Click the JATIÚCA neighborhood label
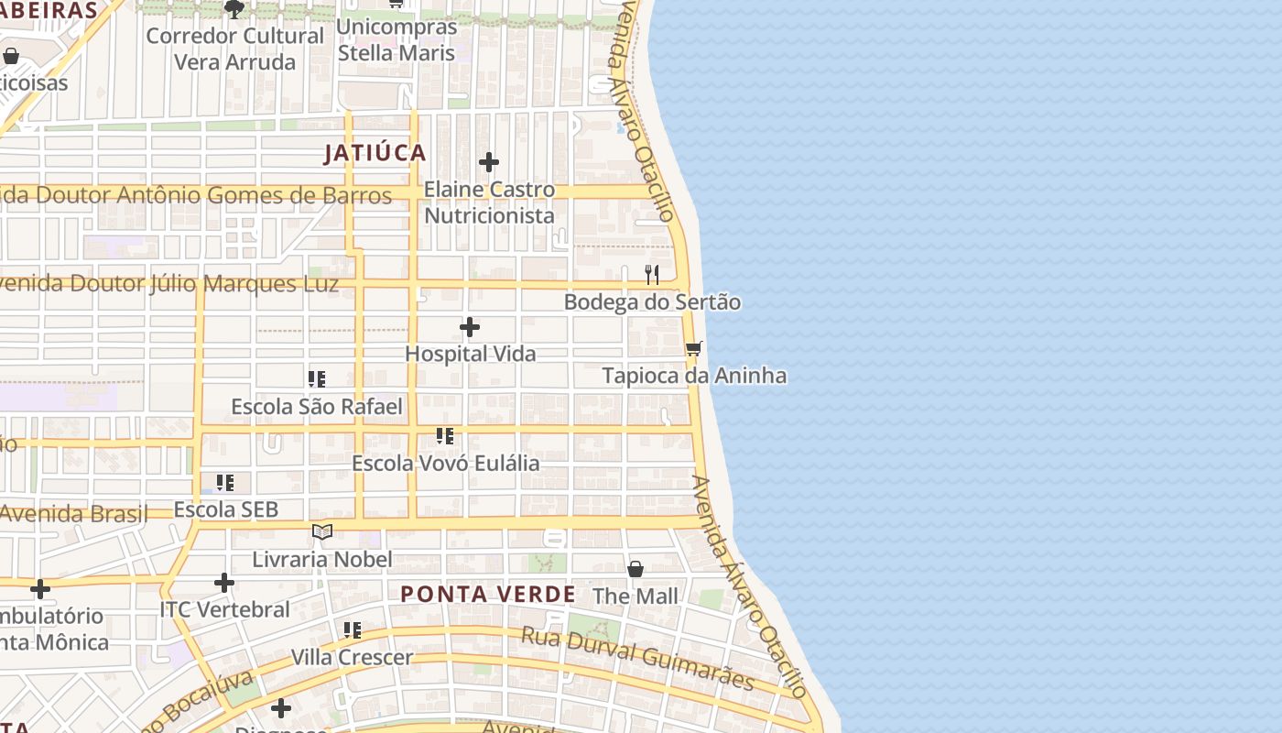(375, 153)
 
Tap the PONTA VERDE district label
(488, 594)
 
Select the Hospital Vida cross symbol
(470, 327)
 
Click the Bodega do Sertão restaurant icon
(652, 274)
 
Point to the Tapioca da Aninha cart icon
(694, 349)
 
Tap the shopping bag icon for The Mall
(636, 569)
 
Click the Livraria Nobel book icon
(321, 531)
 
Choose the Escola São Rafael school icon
(317, 379)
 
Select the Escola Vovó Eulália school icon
(445, 436)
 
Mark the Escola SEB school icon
(225, 482)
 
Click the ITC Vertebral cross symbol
(224, 583)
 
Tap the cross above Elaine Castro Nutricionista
(489, 163)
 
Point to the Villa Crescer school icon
(353, 630)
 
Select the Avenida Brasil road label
(73, 513)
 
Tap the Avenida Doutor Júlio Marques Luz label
(169, 283)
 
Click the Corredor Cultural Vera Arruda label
(234, 49)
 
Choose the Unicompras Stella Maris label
(397, 39)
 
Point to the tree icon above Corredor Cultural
(234, 9)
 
